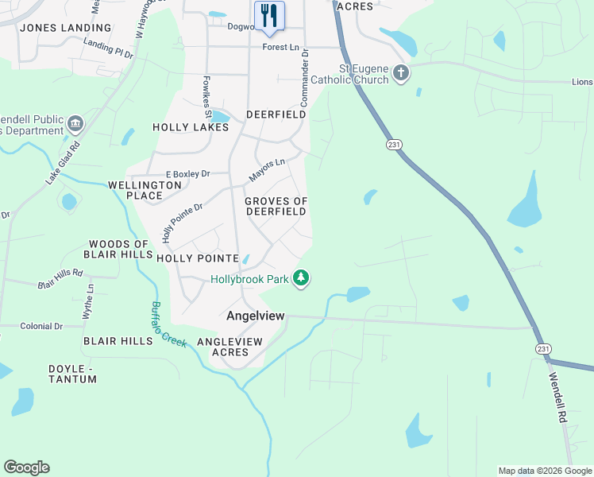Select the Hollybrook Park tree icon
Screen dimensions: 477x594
301,278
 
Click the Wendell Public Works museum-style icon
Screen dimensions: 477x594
75,124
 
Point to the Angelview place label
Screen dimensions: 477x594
255,316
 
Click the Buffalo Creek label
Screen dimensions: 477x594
168,324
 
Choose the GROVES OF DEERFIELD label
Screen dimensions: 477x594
276,206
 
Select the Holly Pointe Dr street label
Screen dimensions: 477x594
182,223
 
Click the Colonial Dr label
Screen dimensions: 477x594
41,326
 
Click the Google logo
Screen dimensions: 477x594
26,467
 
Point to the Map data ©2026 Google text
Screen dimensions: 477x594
545,471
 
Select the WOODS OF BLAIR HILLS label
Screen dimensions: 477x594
119,249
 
